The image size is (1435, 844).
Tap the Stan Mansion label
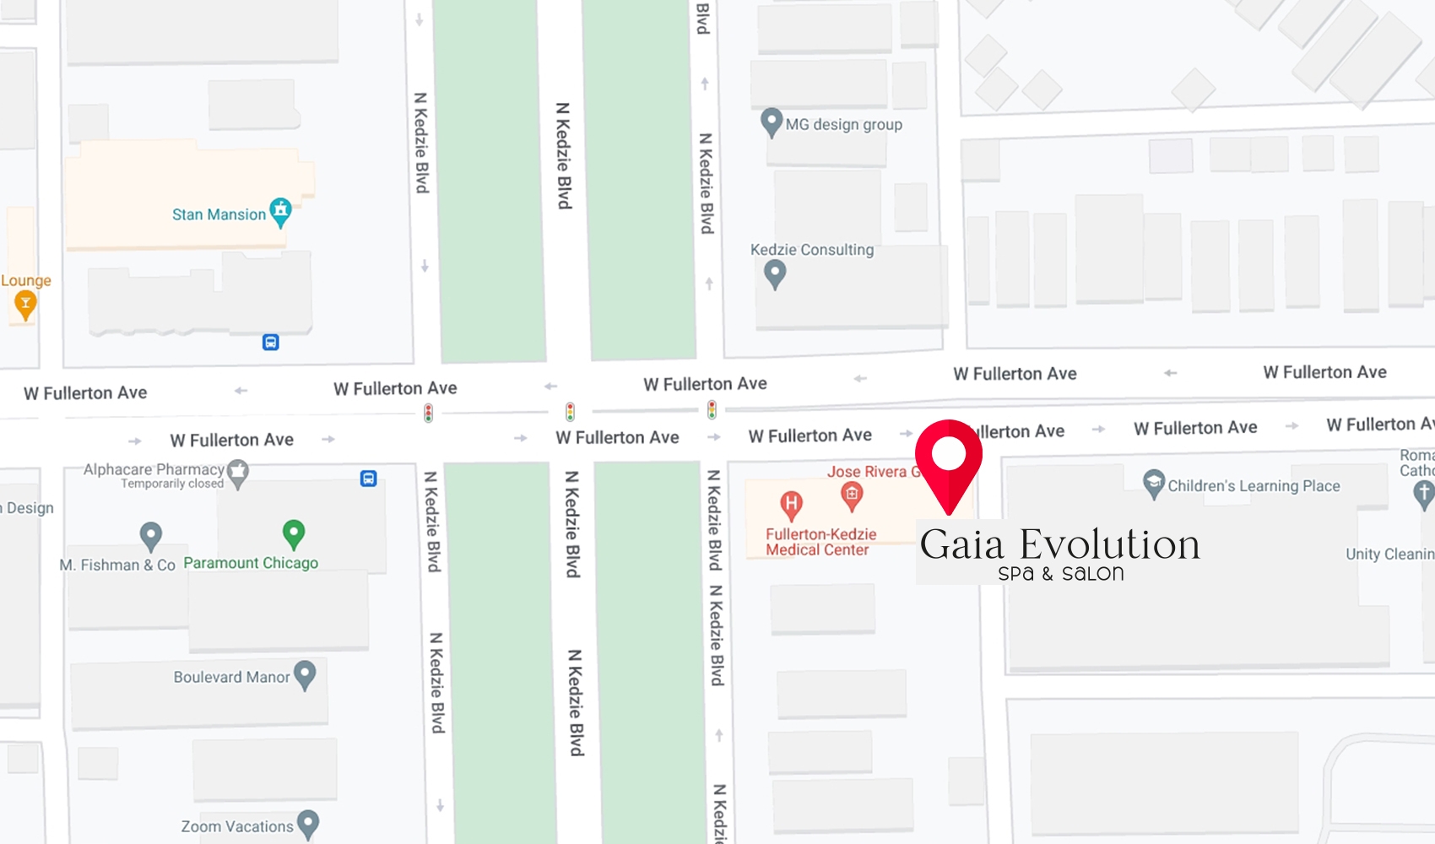[219, 214]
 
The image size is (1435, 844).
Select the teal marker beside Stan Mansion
[280, 211]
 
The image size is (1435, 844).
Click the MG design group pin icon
[771, 122]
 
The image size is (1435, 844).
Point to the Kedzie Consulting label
[811, 250]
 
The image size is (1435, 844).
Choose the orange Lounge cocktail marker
[25, 306]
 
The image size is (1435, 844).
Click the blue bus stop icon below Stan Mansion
[270, 342]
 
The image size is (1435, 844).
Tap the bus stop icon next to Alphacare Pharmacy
[368, 479]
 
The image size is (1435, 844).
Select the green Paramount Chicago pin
[293, 533]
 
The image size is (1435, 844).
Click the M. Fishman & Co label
[117, 565]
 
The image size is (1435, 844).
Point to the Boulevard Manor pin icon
[304, 674]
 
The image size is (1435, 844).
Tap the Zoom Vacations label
[237, 826]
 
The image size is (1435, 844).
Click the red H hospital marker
[791, 505]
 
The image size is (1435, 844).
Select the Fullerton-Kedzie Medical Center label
[820, 542]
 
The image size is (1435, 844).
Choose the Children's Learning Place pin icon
[1153, 484]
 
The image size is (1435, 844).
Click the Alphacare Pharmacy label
[154, 469]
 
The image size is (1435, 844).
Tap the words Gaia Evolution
[1059, 544]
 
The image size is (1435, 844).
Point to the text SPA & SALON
[1060, 574]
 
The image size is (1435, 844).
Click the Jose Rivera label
[866, 472]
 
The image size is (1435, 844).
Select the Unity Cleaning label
[1389, 554]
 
